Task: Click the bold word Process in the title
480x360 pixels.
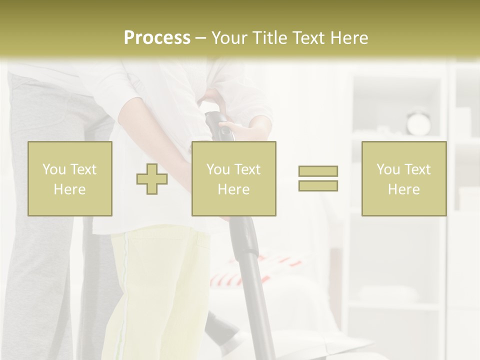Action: [157, 38]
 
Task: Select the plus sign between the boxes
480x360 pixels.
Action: [152, 179]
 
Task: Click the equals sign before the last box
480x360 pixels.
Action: [318, 178]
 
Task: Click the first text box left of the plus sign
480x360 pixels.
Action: [70, 178]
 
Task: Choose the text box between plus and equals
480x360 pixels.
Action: [234, 178]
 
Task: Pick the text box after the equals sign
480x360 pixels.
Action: [404, 178]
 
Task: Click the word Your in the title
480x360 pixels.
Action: [229, 38]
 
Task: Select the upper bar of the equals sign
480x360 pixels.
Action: [318, 171]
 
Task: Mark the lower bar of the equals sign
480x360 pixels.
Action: [318, 185]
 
